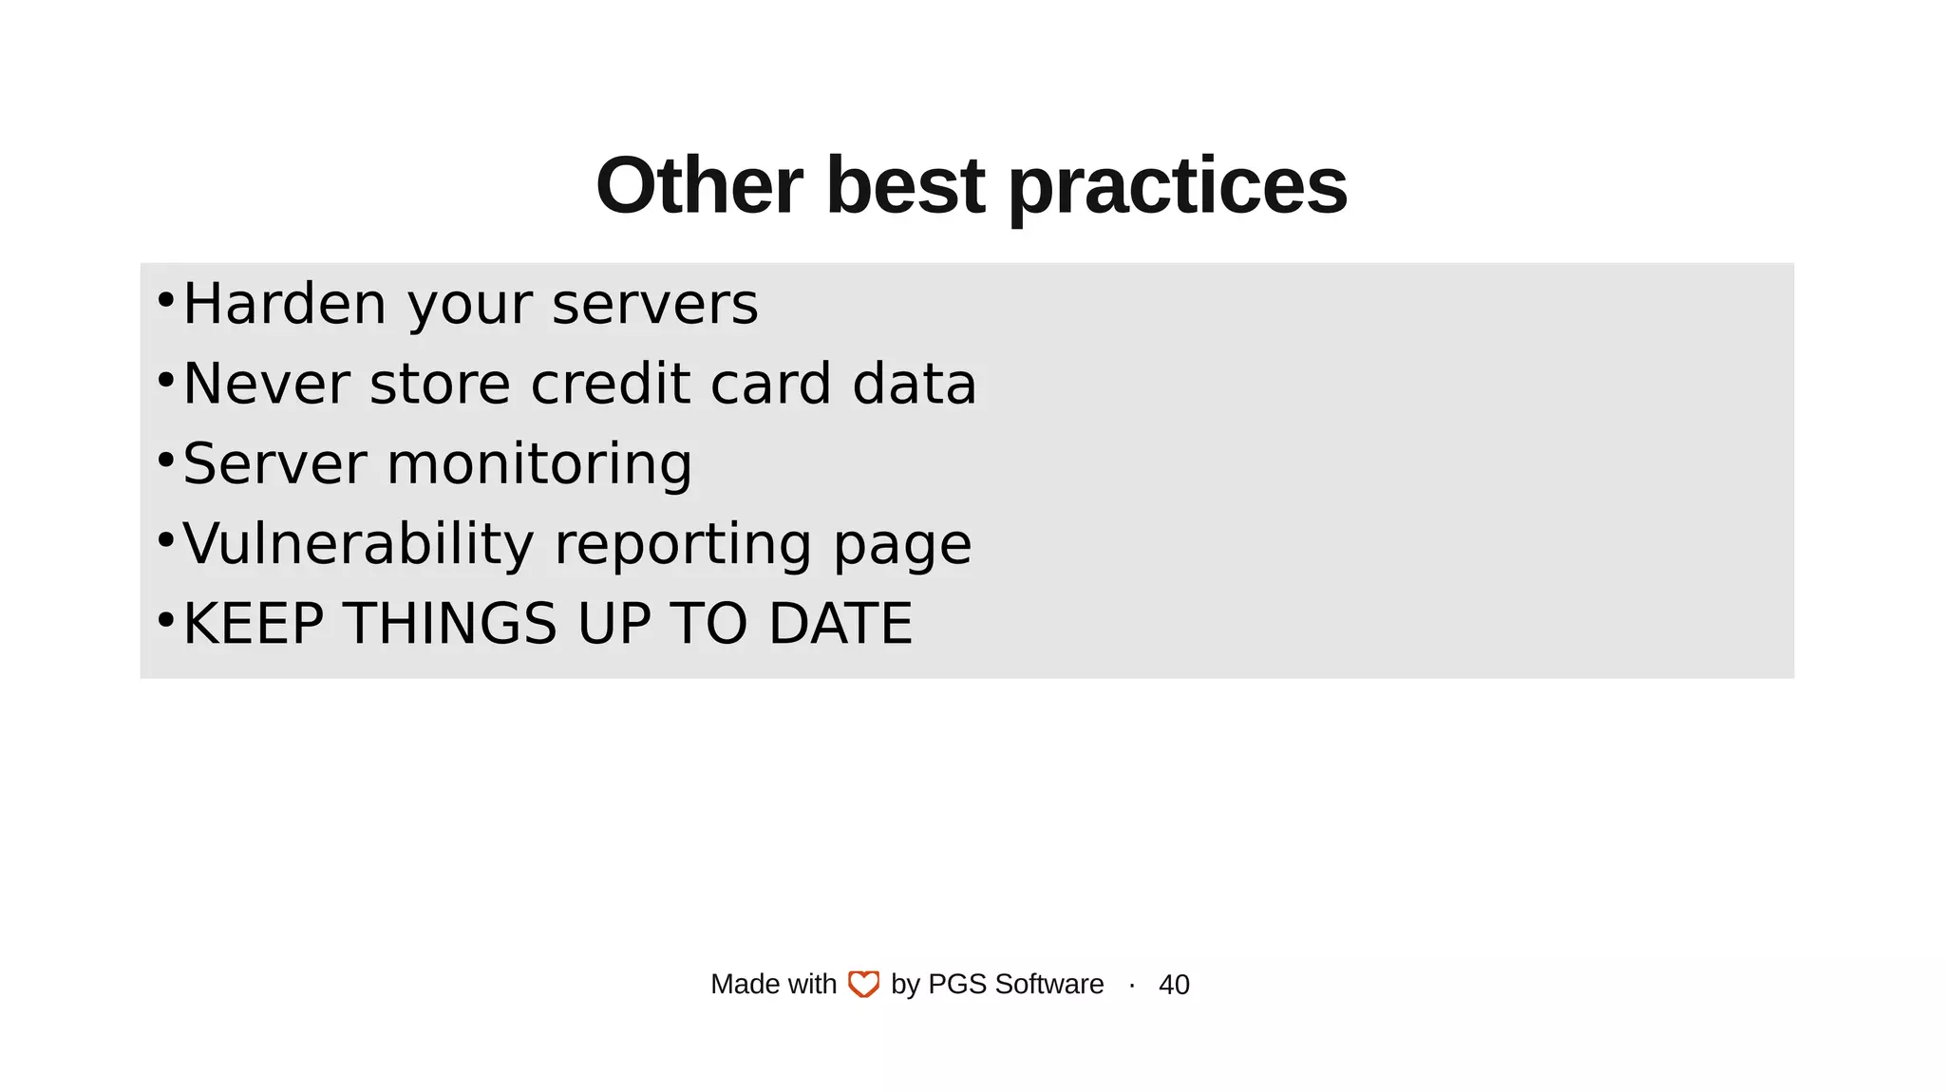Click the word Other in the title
(699, 186)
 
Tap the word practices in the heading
(1177, 186)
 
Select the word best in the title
(904, 186)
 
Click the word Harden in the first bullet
(284, 304)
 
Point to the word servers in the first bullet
(655, 304)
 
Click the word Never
(267, 384)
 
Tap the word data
(914, 384)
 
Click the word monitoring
(539, 464)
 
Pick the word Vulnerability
(358, 544)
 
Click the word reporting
(682, 546)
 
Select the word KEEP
(254, 624)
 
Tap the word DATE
(840, 624)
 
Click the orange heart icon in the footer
(863, 985)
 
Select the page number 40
(1174, 985)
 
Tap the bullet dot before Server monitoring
(165, 461)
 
